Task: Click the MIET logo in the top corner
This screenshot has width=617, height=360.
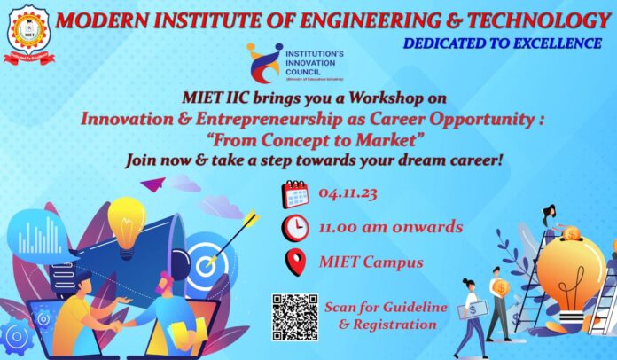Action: coord(28,34)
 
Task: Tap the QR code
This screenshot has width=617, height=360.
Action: coord(294,317)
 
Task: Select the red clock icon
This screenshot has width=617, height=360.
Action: coord(295,228)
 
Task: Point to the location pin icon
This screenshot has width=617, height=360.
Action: coord(295,262)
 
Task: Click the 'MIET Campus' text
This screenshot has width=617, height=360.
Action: coord(359,262)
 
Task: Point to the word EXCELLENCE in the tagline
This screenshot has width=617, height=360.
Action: coord(552,43)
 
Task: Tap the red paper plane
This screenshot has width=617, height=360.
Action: coord(152,184)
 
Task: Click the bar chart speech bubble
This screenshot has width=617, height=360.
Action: coord(39,236)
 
